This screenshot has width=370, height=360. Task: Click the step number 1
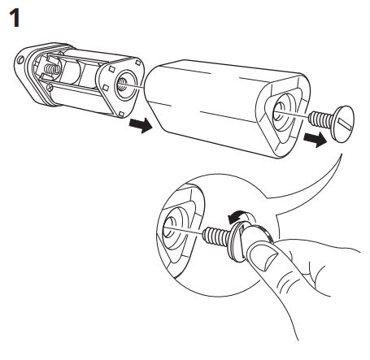(15, 18)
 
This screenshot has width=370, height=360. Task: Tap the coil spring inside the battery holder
(53, 70)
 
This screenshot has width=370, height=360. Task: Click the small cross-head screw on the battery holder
(50, 87)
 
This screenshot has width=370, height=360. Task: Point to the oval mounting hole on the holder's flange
(20, 60)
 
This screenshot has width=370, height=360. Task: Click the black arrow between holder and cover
(140, 125)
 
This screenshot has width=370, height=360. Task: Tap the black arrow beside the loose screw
(315, 139)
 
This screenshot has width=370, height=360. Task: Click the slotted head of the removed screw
(344, 124)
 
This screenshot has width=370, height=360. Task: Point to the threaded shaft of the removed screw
(321, 119)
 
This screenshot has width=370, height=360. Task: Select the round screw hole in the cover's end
(279, 112)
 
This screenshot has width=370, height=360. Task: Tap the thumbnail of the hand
(263, 258)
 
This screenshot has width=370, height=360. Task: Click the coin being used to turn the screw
(256, 236)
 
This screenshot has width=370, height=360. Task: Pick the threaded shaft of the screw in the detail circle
(217, 236)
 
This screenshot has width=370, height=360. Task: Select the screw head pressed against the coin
(237, 242)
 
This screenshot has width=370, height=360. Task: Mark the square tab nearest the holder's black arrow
(121, 114)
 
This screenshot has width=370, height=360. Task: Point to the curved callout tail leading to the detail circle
(311, 185)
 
